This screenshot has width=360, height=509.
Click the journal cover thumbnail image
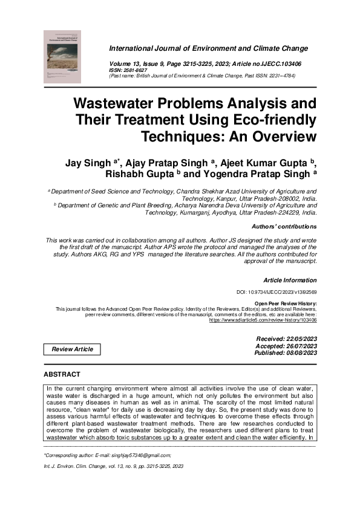(x=65, y=56)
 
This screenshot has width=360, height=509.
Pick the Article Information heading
(x=290, y=280)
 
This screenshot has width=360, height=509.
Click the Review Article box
(x=72, y=349)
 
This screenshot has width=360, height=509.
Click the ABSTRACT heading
(x=62, y=375)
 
